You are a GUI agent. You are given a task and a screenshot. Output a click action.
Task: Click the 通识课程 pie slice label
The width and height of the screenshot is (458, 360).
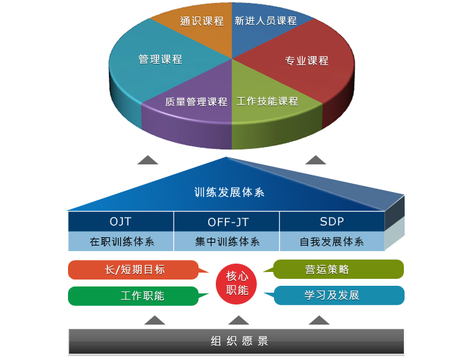[202, 22]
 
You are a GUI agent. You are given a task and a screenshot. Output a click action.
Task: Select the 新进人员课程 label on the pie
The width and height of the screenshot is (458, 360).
[266, 21]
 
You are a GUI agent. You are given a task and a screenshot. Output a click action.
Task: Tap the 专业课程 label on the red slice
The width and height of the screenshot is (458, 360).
[307, 61]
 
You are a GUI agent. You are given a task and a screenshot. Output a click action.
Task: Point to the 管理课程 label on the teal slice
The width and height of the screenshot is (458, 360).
[160, 59]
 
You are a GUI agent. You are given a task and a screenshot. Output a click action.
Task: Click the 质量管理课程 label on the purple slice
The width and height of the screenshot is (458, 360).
[196, 101]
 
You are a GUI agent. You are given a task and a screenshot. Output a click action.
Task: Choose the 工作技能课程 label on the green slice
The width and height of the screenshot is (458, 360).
[267, 101]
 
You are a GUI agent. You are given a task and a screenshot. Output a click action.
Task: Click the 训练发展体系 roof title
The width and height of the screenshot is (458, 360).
[229, 192]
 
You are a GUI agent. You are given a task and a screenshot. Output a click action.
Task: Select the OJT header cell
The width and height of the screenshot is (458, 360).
[121, 221]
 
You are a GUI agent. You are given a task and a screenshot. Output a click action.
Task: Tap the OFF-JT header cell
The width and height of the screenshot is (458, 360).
[227, 221]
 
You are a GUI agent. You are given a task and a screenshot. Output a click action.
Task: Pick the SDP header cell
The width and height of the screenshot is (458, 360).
[332, 221]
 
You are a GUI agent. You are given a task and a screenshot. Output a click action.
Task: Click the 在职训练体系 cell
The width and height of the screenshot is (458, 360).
[121, 241]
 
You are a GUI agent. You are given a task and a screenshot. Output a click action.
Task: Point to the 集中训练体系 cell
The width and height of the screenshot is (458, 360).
[227, 241]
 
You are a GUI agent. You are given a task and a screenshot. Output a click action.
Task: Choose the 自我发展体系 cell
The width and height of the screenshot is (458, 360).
[332, 241]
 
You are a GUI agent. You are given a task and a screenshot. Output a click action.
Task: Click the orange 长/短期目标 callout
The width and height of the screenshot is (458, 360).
[134, 270]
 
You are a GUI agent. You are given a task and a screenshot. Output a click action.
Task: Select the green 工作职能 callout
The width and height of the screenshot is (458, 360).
[134, 296]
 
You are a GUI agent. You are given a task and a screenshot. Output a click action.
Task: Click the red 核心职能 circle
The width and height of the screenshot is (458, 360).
[237, 284]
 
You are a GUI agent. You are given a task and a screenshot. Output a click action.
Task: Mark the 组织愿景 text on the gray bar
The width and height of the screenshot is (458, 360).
[239, 341]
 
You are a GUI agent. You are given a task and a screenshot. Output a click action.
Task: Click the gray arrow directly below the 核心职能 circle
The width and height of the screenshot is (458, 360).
[239, 321]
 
